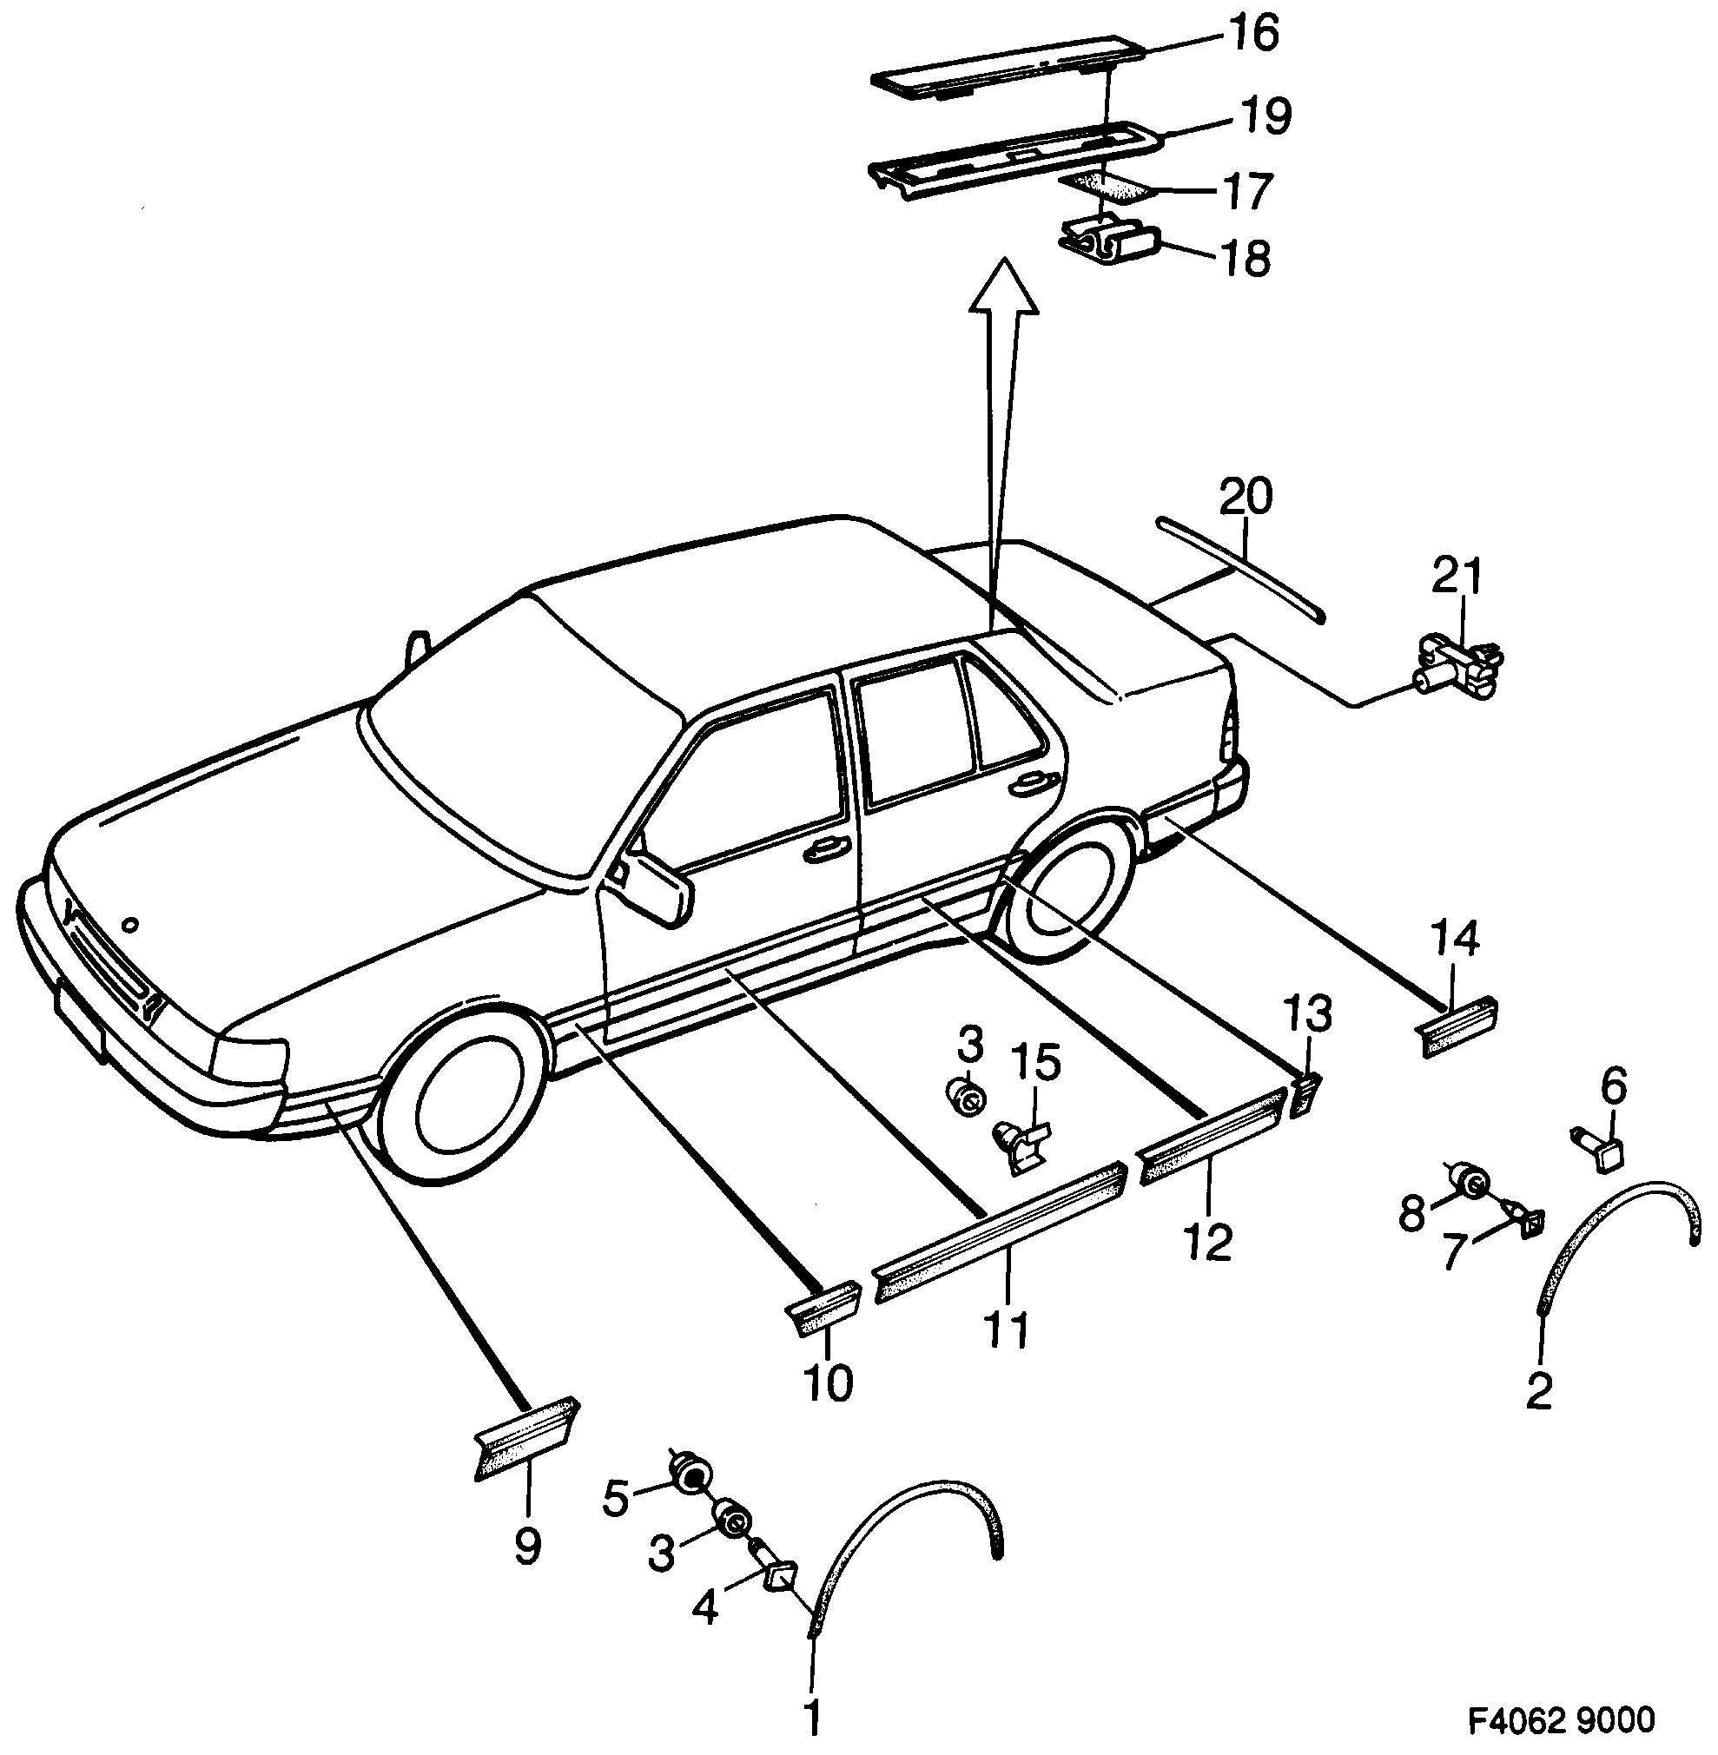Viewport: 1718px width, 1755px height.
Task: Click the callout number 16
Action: coord(1253,36)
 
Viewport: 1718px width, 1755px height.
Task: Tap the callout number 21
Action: coord(1458,575)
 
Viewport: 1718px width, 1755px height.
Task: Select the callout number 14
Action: coord(1456,940)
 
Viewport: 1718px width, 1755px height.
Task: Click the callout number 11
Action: coord(1007,1331)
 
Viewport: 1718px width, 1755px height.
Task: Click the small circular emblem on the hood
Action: coord(132,924)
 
